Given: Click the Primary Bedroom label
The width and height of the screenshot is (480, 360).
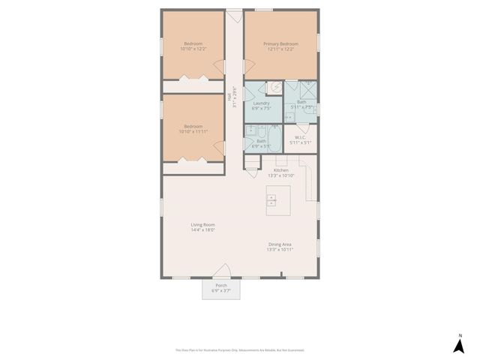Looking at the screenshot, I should click(x=280, y=44).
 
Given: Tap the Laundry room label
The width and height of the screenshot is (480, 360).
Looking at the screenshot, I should click(x=261, y=103).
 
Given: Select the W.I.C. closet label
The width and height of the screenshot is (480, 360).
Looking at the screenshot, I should click(x=299, y=137).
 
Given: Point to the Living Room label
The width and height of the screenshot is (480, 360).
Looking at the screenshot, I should click(x=202, y=225).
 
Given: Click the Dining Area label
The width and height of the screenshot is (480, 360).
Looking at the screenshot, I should click(x=280, y=244).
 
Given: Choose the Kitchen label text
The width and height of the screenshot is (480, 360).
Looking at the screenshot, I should click(x=281, y=170).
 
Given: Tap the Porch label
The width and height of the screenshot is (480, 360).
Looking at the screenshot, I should click(x=221, y=286).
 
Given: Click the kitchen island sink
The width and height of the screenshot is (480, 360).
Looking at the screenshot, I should click(x=271, y=201).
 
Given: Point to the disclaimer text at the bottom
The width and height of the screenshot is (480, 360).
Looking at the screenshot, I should click(x=240, y=349).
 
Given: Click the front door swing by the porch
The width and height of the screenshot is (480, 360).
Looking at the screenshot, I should click(x=222, y=271).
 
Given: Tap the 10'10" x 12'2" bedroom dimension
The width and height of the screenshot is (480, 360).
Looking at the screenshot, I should click(x=193, y=49).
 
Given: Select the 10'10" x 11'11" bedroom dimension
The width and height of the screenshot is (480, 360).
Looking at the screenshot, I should click(x=193, y=132).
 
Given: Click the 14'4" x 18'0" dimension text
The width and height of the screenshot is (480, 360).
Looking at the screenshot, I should click(x=202, y=230).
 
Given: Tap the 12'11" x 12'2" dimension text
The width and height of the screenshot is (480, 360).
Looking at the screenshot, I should click(x=280, y=49).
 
